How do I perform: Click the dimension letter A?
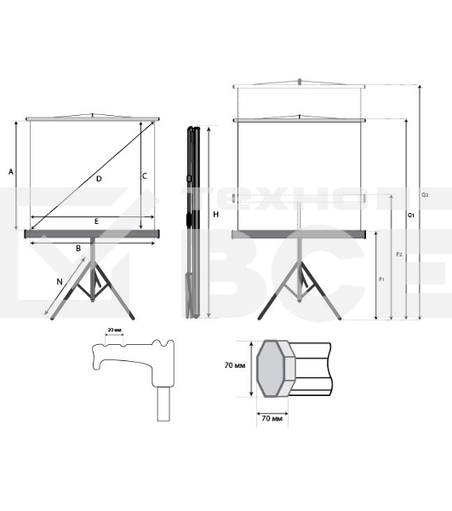(11, 171)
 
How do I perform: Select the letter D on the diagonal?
(99, 178)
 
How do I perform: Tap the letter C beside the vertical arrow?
(145, 175)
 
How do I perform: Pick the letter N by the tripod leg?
(59, 280)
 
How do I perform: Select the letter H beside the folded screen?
(216, 214)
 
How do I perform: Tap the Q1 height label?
(411, 215)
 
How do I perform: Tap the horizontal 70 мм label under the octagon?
(272, 419)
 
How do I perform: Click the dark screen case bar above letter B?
(94, 233)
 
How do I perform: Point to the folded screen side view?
(193, 221)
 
